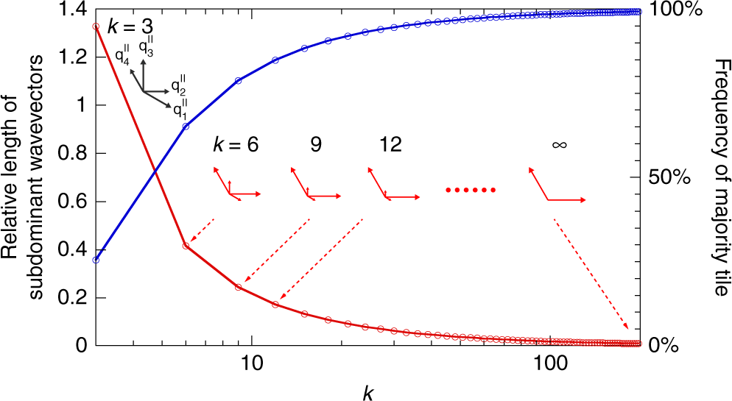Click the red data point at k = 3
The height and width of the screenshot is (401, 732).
(x=96, y=26)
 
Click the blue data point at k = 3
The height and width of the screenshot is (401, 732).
(x=96, y=260)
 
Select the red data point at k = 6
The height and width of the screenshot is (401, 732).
(x=186, y=246)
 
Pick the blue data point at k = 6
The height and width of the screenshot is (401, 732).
(x=186, y=127)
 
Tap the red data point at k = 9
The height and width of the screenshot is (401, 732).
(x=238, y=287)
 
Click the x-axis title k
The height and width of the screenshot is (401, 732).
(x=369, y=391)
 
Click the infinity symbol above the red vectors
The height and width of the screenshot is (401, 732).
(x=559, y=145)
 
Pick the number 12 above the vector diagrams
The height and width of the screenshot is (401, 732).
(x=386, y=145)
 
